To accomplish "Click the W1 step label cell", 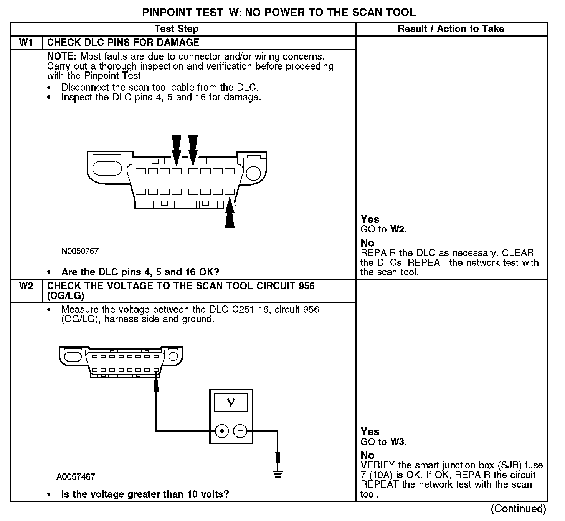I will click(26, 43).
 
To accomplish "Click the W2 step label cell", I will click(26, 286).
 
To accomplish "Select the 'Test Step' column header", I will click(176, 29).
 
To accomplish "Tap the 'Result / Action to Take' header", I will click(451, 29).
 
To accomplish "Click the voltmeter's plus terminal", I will click(221, 431).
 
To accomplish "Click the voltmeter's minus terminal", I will click(240, 431).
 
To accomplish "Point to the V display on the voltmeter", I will click(231, 403).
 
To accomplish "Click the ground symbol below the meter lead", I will click(278, 474).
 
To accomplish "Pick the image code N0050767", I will click(80, 251).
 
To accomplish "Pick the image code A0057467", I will click(76, 477).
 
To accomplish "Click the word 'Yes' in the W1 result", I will click(370, 219).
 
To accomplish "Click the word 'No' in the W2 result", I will click(367, 455).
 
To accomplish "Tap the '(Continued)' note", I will click(518, 509).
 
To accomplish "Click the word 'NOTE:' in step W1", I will click(62, 56).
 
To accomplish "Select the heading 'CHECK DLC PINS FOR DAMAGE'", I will click(123, 43).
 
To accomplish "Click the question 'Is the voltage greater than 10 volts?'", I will click(145, 494).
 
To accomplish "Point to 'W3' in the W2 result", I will click(398, 442).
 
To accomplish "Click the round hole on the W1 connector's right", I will click(253, 173).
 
